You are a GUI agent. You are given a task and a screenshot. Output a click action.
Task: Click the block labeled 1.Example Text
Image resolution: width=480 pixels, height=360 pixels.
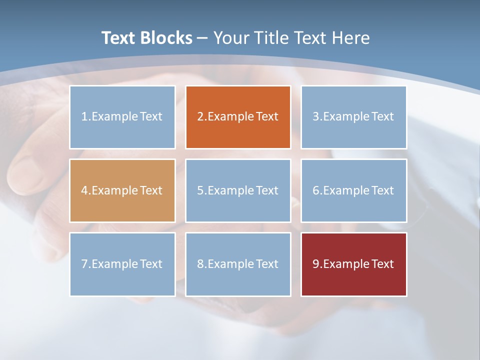pos(122,117)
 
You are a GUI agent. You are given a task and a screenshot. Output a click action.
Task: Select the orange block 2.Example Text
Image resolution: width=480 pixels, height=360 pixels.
pos(238,117)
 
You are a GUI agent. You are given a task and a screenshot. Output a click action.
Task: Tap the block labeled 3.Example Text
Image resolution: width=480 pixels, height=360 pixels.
pos(353,117)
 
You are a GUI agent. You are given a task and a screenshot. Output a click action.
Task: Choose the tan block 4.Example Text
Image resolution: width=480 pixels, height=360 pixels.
pos(122,190)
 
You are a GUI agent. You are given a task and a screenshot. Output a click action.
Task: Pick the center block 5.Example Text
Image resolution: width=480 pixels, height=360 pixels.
pos(238,190)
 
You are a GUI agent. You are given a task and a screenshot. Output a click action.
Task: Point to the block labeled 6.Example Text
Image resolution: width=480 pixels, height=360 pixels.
pos(353,190)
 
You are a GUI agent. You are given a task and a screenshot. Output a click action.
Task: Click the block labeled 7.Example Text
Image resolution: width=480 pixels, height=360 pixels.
pos(122,264)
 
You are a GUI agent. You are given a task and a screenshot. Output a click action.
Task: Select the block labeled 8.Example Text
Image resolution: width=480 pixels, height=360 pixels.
pos(238,264)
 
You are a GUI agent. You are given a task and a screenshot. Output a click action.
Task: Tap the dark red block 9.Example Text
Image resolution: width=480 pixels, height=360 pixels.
pos(353,264)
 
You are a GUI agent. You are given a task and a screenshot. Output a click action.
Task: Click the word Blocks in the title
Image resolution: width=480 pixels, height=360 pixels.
pos(166,38)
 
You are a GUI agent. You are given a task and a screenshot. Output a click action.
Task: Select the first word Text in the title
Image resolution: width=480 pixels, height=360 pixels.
pos(118,38)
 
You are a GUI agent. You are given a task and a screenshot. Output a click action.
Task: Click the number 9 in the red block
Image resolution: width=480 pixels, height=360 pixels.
pos(316,264)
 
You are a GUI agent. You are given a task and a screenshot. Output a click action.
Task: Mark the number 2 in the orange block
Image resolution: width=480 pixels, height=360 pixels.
pos(200,117)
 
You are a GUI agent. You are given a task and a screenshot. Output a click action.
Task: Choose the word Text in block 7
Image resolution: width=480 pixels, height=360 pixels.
pos(151,264)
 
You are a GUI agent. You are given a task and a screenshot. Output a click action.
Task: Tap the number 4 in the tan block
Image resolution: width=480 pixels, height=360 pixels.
pos(84,190)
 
